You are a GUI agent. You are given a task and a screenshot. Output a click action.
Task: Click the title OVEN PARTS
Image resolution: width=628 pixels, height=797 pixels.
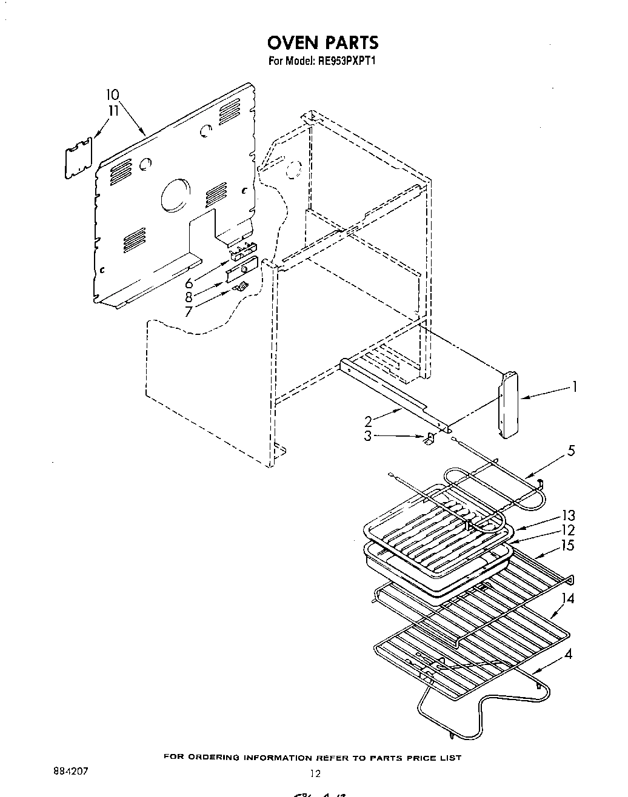(x=323, y=42)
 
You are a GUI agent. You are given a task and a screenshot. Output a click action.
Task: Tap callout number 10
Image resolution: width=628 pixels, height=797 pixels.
(x=112, y=94)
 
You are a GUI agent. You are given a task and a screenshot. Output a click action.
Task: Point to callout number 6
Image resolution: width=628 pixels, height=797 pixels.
(x=189, y=283)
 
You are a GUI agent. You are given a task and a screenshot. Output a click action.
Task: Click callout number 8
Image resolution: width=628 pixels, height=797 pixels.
(x=189, y=297)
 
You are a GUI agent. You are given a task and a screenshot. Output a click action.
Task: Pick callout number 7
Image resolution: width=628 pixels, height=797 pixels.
(x=189, y=311)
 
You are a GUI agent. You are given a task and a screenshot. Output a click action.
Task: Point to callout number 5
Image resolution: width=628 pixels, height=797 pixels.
(x=570, y=451)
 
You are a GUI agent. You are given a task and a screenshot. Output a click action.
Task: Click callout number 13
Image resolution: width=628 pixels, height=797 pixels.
(x=568, y=516)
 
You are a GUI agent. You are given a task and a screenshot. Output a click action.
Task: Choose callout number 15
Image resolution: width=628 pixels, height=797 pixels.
(x=568, y=545)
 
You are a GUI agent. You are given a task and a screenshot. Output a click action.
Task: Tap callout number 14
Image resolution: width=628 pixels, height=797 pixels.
(x=568, y=598)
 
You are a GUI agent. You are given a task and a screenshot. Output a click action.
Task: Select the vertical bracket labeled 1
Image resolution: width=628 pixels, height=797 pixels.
(x=507, y=405)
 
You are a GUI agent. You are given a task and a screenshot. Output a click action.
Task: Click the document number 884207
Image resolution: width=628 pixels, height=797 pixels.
(x=72, y=772)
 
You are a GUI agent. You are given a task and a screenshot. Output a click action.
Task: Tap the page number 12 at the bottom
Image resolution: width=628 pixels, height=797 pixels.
(x=314, y=773)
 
